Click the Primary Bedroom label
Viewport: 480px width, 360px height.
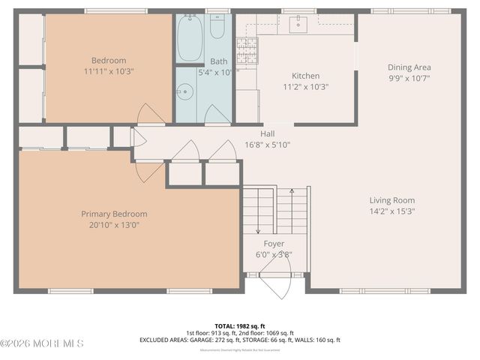(x=114, y=214)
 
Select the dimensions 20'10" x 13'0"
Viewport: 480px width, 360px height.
(x=114, y=223)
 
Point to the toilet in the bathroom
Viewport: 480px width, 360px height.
(x=217, y=28)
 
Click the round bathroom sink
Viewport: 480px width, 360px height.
(x=184, y=93)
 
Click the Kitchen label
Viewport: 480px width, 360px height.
(x=305, y=76)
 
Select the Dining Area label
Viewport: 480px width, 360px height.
(x=409, y=67)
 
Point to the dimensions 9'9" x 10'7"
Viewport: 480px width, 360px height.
(x=409, y=77)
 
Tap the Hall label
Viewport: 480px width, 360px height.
(x=267, y=134)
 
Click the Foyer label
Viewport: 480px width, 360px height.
(x=274, y=244)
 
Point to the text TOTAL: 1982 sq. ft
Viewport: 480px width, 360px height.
(x=239, y=325)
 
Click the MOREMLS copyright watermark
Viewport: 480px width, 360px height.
(x=43, y=343)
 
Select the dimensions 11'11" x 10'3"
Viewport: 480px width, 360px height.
(x=109, y=71)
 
